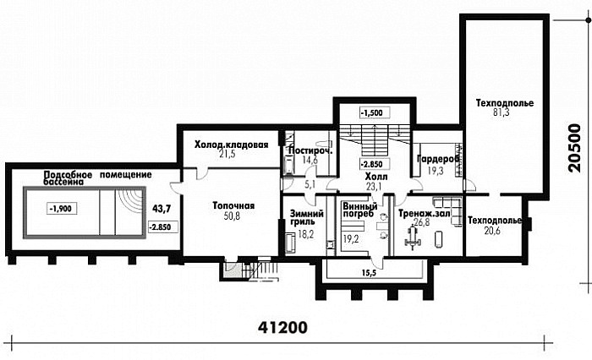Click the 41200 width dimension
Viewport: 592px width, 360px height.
282,327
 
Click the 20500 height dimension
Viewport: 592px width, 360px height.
575,148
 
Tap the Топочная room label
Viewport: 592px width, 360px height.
233,206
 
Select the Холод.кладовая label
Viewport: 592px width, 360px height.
231,145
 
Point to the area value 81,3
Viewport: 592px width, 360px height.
502,112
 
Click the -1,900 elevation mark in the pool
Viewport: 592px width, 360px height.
63,208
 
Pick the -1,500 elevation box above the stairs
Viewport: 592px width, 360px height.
374,112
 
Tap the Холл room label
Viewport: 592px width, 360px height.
376,177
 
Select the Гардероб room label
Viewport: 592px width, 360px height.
438,159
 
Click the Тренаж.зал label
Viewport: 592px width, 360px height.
424,214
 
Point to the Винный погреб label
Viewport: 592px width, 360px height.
360,210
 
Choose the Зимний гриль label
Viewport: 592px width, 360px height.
306,217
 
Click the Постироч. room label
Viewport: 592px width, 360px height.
310,151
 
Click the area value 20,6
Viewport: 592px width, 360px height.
492,230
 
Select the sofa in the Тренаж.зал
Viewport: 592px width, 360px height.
450,208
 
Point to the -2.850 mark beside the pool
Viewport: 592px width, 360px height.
163,226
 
